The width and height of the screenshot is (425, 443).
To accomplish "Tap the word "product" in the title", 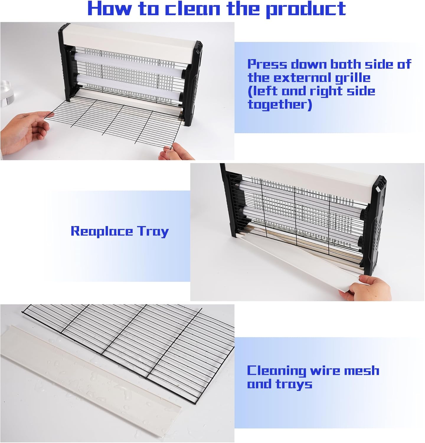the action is (306, 10).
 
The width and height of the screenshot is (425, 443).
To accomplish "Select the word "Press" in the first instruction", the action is (267, 64).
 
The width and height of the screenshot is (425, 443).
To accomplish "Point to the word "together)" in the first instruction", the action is (280, 105).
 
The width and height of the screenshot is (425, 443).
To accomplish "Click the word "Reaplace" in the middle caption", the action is (102, 231).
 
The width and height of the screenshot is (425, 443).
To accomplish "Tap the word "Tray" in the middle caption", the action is (153, 231).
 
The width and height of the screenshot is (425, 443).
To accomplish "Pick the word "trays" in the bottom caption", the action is (294, 384).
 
